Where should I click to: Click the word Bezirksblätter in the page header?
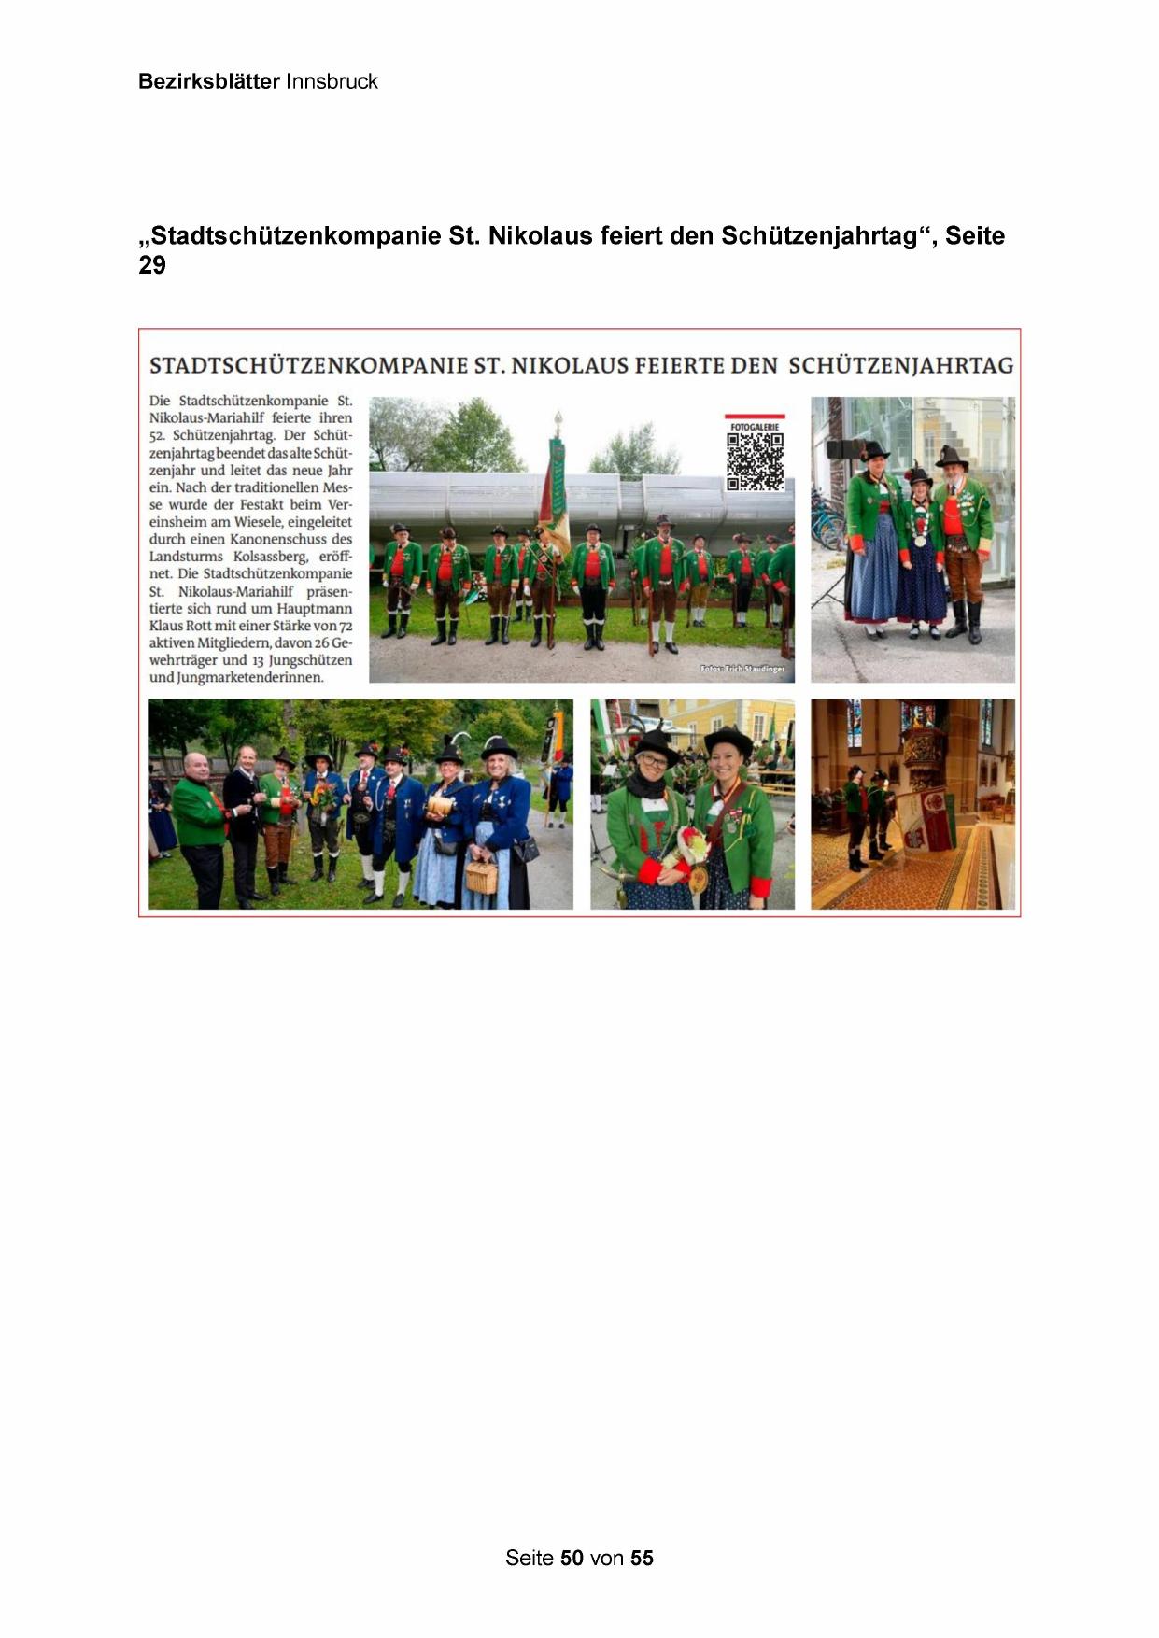[208, 81]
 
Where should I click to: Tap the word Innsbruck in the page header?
[332, 81]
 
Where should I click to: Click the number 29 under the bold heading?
[152, 265]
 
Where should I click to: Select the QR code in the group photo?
[755, 461]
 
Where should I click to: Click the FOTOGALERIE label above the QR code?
[755, 426]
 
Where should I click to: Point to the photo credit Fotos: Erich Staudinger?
[742, 669]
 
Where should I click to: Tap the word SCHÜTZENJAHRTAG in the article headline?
[901, 365]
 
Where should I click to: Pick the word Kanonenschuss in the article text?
[275, 539]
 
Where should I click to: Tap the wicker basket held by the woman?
[481, 876]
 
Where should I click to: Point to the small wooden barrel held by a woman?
[439, 805]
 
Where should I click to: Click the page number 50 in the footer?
[572, 1558]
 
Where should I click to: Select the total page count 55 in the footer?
[642, 1558]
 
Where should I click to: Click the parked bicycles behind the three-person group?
[827, 518]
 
